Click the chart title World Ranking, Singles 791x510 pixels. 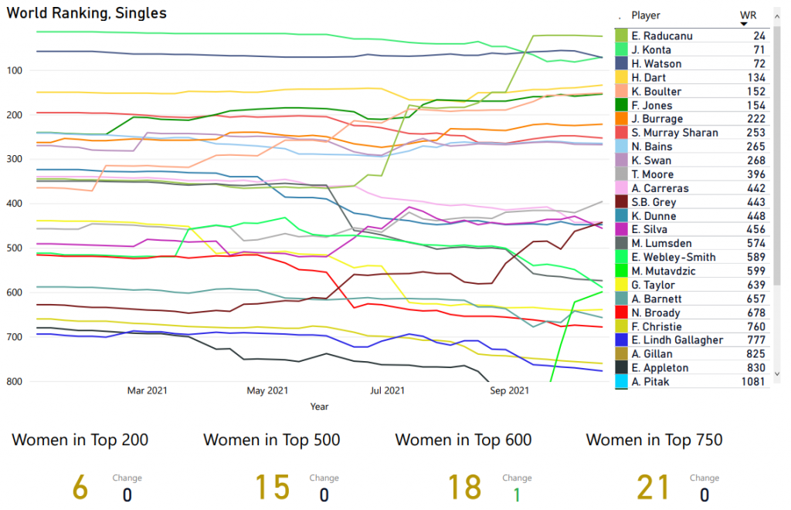pos(87,13)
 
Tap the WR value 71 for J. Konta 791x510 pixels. pos(759,50)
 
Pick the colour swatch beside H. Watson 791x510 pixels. pos(621,64)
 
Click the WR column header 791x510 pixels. pos(748,15)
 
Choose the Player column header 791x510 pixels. pos(646,15)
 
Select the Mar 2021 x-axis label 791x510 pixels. pos(146,391)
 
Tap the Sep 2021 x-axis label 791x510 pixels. pos(510,391)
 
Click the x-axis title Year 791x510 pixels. pos(319,407)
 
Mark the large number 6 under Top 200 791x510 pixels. pos(80,488)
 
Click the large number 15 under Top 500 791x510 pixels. pos(273,488)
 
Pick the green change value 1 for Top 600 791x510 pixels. pos(517,495)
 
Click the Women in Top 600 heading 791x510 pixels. pos(463,441)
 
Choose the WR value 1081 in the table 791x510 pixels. pos(753,382)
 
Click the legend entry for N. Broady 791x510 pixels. pos(656,312)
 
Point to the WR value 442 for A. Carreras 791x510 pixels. pos(756,188)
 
